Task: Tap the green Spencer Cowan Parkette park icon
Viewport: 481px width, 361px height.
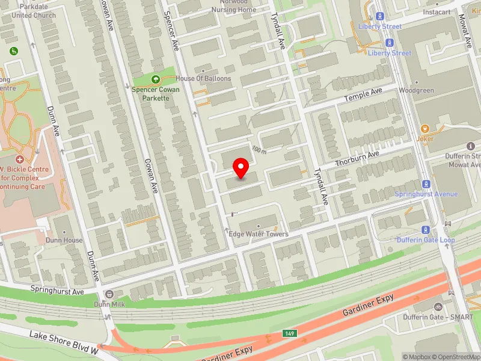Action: coord(156,79)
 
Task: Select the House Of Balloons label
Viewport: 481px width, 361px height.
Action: coord(203,79)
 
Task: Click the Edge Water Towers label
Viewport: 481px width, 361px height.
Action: coord(259,234)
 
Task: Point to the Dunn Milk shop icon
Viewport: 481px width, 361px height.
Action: coord(109,294)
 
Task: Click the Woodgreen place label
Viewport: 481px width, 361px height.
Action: coord(416,91)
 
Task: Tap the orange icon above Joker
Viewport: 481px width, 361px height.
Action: coord(425,128)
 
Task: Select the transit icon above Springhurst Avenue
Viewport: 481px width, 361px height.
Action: coord(426,184)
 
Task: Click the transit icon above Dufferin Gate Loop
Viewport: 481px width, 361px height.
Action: coord(426,229)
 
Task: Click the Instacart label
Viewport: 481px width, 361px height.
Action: coord(436,12)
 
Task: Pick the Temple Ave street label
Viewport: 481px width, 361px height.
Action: coord(363,95)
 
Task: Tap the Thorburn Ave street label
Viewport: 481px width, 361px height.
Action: coord(357,159)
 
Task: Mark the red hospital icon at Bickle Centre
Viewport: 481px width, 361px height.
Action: coord(20,159)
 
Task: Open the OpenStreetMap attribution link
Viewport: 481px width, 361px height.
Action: coord(455,356)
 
